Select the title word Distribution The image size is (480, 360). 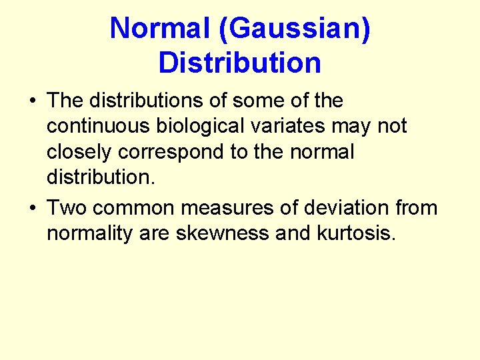pos(240,63)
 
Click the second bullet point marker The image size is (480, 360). pos(33,209)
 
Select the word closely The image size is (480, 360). pos(79,152)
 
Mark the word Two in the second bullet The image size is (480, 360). pos(67,208)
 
